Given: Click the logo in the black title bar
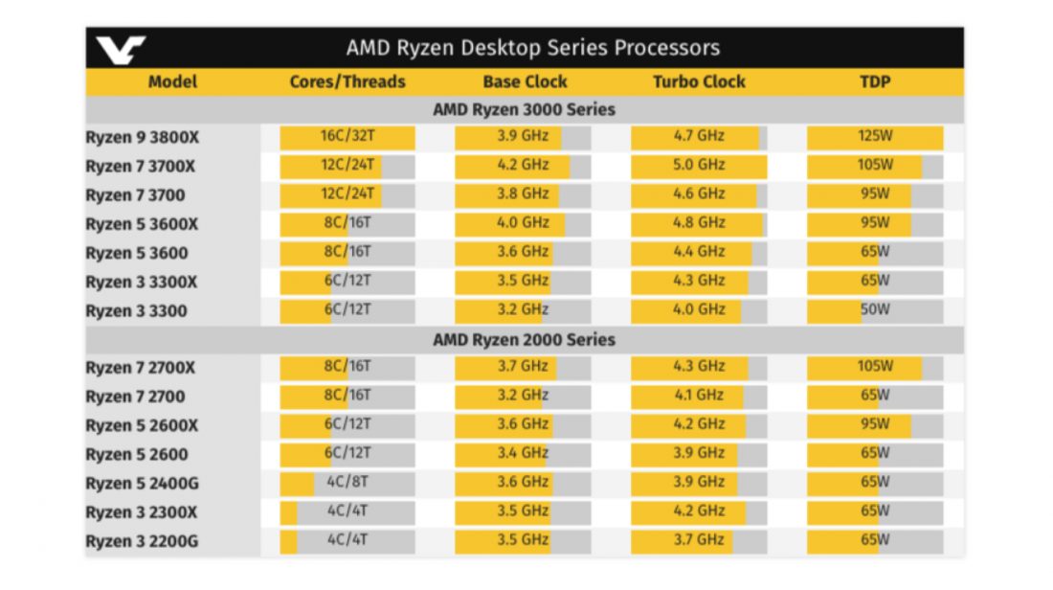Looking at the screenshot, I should pyautogui.click(x=122, y=49).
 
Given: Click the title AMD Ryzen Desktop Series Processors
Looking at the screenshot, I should pyautogui.click(x=532, y=48).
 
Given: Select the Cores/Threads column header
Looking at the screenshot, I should pyautogui.click(x=347, y=81).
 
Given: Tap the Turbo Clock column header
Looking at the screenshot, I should pyautogui.click(x=699, y=81).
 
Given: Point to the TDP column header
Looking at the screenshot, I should pyautogui.click(x=875, y=81).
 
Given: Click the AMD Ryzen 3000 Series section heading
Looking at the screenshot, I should pyautogui.click(x=524, y=109).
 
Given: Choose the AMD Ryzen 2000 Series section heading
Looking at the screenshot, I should pyautogui.click(x=524, y=339).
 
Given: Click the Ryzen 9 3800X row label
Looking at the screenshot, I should pyautogui.click(x=143, y=138).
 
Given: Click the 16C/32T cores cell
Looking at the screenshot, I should pyautogui.click(x=347, y=136).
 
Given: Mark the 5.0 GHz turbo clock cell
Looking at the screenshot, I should pyautogui.click(x=699, y=165).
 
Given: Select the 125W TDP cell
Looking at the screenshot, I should pyautogui.click(x=875, y=136).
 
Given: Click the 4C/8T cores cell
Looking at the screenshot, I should pyautogui.click(x=347, y=482).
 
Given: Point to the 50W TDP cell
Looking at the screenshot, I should pyautogui.click(x=875, y=309).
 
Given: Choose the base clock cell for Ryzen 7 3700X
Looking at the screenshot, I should pyautogui.click(x=523, y=165).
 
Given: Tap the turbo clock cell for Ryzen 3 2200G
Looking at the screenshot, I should pyautogui.click(x=699, y=539).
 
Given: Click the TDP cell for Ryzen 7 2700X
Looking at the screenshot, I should pyautogui.click(x=875, y=367).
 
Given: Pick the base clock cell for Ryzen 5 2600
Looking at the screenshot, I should pyautogui.click(x=523, y=453).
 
